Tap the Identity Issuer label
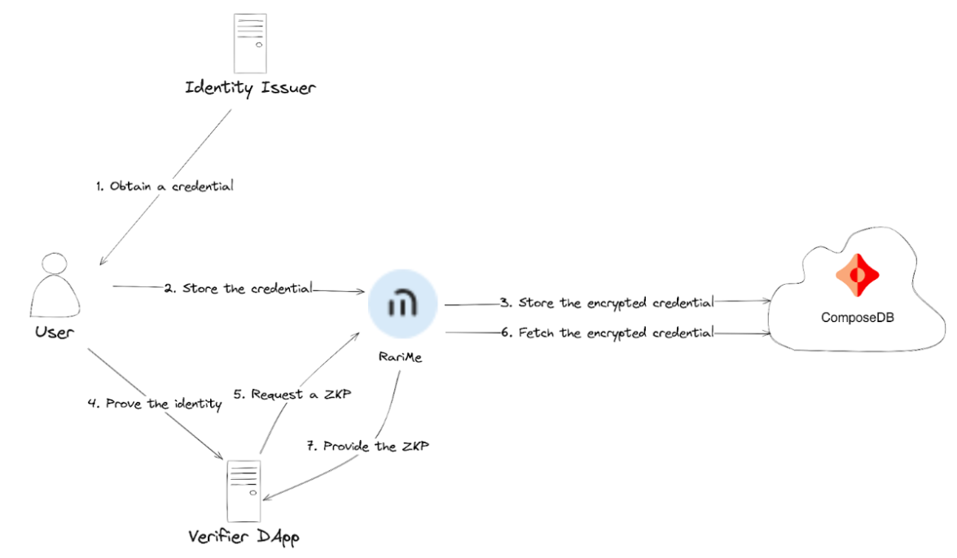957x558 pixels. tap(250, 87)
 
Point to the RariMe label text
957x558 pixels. tap(401, 357)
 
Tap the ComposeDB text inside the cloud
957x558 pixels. tap(857, 318)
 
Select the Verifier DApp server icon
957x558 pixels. tap(244, 490)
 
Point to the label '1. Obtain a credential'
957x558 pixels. tap(164, 186)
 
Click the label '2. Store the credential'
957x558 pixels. tap(238, 288)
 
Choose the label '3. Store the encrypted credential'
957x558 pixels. tap(607, 303)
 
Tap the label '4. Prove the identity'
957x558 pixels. tap(155, 403)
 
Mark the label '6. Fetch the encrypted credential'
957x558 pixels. tap(607, 332)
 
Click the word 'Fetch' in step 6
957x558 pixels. tap(535, 332)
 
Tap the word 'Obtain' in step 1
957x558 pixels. tap(128, 186)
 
